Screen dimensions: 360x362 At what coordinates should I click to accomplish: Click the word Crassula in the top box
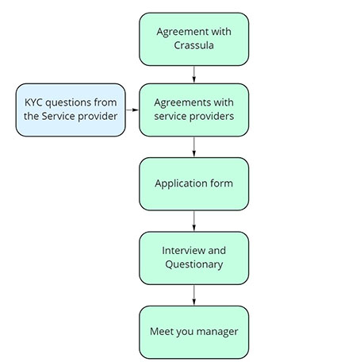click(x=193, y=45)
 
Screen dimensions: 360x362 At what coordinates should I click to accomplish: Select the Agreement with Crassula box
click(x=193, y=39)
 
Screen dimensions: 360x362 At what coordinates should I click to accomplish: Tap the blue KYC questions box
click(x=71, y=110)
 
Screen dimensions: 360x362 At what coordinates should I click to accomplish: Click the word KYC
click(x=34, y=102)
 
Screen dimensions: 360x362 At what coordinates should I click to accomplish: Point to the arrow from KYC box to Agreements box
click(x=132, y=110)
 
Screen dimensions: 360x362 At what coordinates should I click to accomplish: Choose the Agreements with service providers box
click(x=193, y=110)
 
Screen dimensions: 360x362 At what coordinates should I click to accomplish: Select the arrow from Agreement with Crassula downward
click(x=194, y=75)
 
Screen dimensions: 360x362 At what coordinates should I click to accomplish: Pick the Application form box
click(x=193, y=184)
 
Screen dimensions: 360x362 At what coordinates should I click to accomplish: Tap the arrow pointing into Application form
click(x=194, y=147)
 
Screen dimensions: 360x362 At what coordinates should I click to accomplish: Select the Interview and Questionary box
click(x=193, y=258)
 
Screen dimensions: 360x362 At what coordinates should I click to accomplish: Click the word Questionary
click(x=194, y=264)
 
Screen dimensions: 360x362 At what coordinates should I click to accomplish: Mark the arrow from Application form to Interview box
click(x=194, y=221)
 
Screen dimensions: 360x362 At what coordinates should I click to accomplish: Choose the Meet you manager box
click(x=193, y=332)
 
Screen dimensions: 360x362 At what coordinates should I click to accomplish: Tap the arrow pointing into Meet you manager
click(x=194, y=295)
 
